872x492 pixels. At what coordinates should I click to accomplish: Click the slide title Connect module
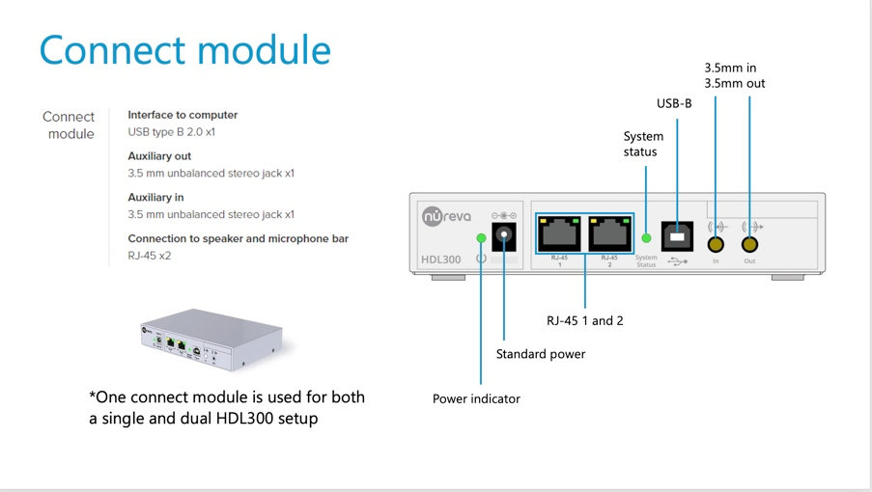pyautogui.click(x=184, y=50)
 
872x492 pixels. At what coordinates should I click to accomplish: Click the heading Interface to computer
pyautogui.click(x=183, y=115)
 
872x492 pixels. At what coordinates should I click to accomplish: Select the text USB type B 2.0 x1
pyautogui.click(x=171, y=132)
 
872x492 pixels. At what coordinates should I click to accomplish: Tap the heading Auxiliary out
pyautogui.click(x=159, y=156)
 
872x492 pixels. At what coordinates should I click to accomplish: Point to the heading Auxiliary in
pyautogui.click(x=155, y=198)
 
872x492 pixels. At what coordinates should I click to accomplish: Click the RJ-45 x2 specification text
pyautogui.click(x=149, y=256)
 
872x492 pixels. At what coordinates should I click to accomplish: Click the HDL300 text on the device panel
pyautogui.click(x=441, y=260)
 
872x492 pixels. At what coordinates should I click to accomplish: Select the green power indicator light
pyautogui.click(x=481, y=237)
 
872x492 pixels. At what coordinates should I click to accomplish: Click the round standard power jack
pyautogui.click(x=503, y=235)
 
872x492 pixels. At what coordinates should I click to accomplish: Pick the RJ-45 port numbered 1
pyautogui.click(x=559, y=233)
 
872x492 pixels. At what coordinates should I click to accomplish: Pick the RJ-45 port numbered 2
pyautogui.click(x=609, y=233)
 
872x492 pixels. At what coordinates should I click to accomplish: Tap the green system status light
pyautogui.click(x=646, y=237)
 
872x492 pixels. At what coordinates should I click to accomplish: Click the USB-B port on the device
pyautogui.click(x=677, y=235)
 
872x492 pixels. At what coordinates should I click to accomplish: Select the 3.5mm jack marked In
pyautogui.click(x=716, y=244)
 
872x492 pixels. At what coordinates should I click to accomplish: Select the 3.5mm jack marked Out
pyautogui.click(x=749, y=244)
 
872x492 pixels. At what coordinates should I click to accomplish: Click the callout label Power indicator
pyautogui.click(x=476, y=398)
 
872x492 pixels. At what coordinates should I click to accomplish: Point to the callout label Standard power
pyautogui.click(x=541, y=354)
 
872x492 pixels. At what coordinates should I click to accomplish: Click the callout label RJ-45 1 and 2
pyautogui.click(x=585, y=320)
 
